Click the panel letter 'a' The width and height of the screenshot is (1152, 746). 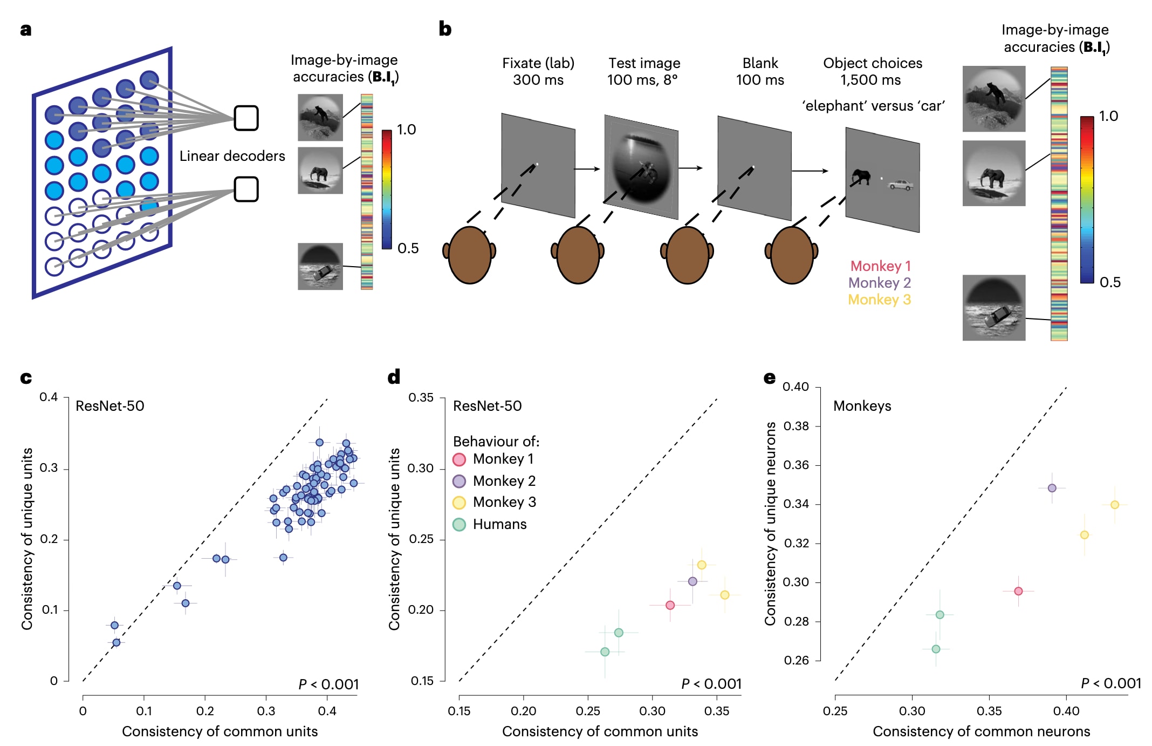[x=25, y=30]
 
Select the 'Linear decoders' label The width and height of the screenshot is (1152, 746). [x=232, y=156]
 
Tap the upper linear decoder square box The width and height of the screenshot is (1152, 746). [x=246, y=118]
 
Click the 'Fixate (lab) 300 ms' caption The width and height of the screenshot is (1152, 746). [x=538, y=71]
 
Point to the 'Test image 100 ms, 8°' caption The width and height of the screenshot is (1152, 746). [x=644, y=71]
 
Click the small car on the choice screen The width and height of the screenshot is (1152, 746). [x=900, y=185]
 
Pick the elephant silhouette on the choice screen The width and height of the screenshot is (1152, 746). [x=861, y=177]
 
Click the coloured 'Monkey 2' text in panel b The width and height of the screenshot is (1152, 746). [x=879, y=283]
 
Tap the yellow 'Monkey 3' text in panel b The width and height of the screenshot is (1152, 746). [x=879, y=300]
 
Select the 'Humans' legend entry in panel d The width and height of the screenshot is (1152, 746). [x=499, y=524]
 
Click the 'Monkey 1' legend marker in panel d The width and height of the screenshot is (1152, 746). [x=459, y=459]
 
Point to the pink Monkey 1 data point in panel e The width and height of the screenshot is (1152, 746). [x=1018, y=591]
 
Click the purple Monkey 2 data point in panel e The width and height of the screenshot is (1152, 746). [x=1052, y=488]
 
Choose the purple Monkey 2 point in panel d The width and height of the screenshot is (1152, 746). [x=692, y=581]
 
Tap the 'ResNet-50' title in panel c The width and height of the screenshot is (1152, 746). [x=110, y=406]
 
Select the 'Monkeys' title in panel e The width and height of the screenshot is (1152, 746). [x=862, y=406]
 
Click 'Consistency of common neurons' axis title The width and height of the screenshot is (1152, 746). [x=981, y=731]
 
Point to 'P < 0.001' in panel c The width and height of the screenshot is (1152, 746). [x=328, y=684]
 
